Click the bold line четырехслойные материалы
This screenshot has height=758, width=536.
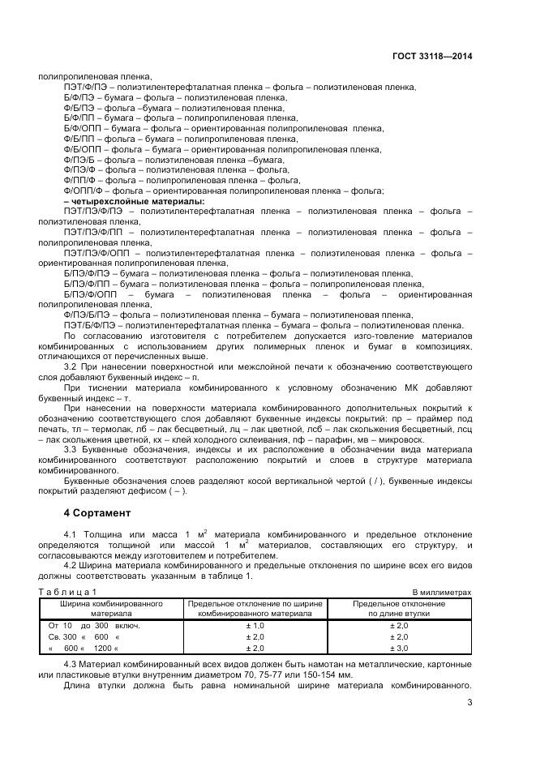(x=134, y=201)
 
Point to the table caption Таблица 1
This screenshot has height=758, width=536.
(x=67, y=593)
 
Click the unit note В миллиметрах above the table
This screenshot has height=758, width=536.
(x=442, y=593)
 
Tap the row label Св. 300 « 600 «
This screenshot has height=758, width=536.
(x=84, y=637)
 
